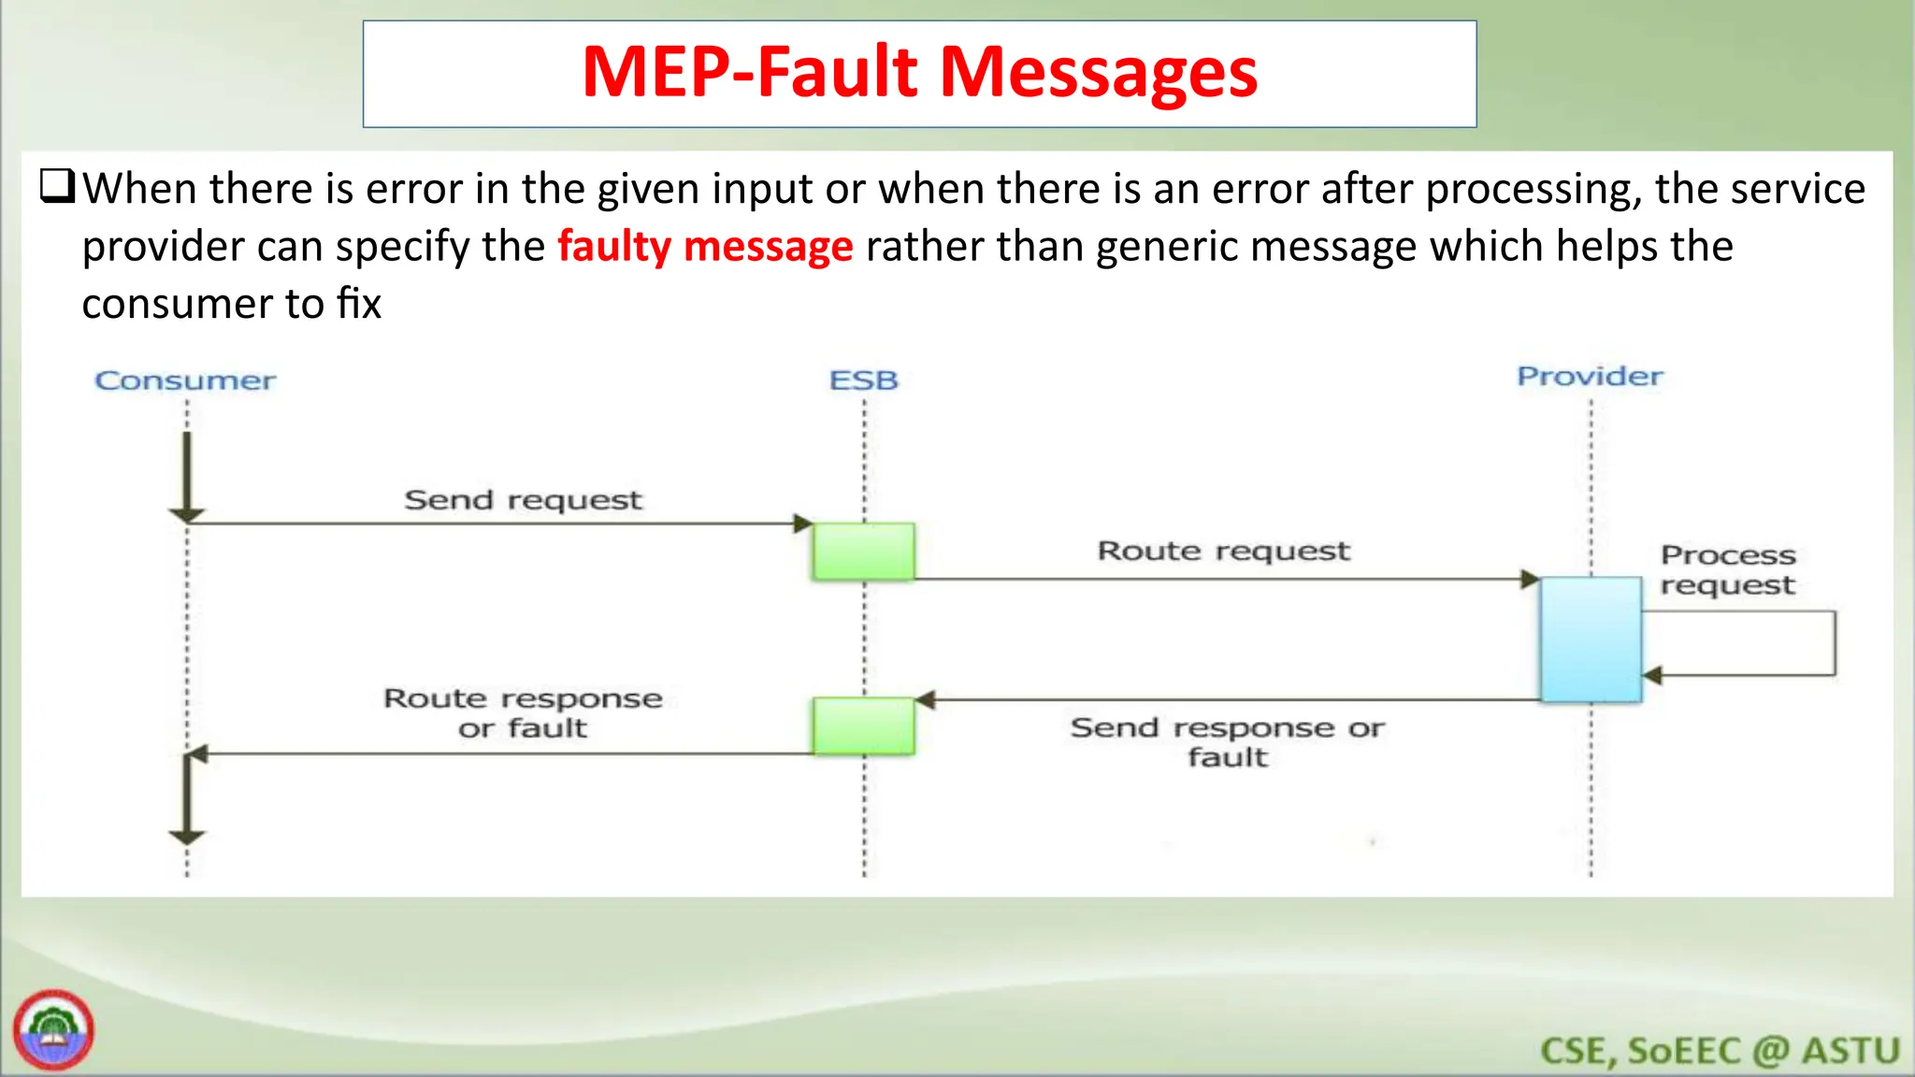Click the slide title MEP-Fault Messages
coord(919,73)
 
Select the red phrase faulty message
coord(705,247)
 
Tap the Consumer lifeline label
coord(185,381)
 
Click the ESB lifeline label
coord(863,381)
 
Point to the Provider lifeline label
coord(1590,377)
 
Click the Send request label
coord(523,500)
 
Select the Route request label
coord(1223,551)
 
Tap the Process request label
coord(1727,569)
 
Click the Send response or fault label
coord(1227,741)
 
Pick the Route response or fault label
coord(523,712)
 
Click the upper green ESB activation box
coord(863,552)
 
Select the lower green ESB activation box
coord(863,726)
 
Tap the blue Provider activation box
coord(1591,639)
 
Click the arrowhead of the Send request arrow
coord(803,524)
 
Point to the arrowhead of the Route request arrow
coord(1530,580)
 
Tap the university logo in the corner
coord(53,1030)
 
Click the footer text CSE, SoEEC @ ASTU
coord(1720,1051)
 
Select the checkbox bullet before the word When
coord(57,187)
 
